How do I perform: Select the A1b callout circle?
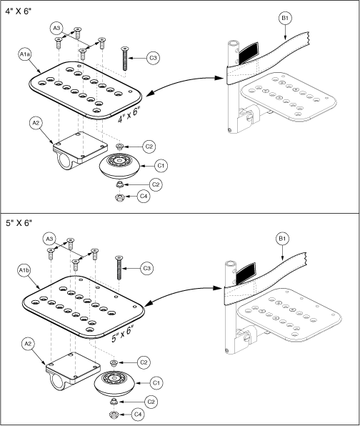pos(24,270)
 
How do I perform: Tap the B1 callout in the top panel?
pos(285,18)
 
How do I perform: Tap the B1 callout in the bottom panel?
pos(282,239)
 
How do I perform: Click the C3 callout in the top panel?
pos(153,58)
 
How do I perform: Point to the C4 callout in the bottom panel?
pos(138,415)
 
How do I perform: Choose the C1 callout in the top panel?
pos(161,165)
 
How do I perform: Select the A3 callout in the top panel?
pos(56,28)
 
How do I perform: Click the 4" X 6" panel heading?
pos(19,11)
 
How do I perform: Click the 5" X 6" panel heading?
pos(19,223)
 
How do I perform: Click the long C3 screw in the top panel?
pos(125,59)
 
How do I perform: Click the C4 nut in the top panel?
pos(119,197)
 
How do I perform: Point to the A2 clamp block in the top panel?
pos(79,151)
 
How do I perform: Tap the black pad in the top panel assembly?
pos(247,53)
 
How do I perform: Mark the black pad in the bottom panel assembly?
pos(246,273)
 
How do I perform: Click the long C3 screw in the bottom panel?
pos(119,267)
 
